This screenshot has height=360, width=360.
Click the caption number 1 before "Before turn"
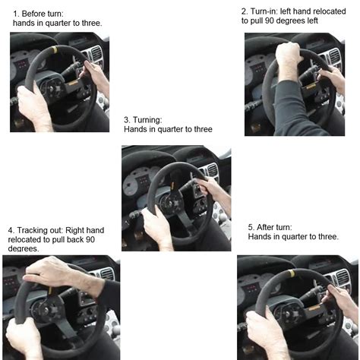click(x=15, y=14)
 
